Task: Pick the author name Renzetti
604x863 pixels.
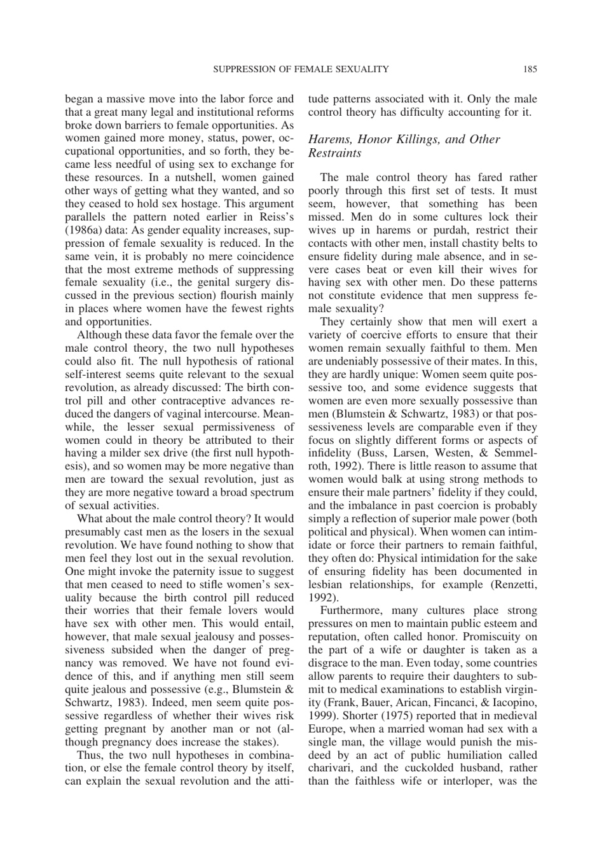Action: click(x=516, y=584)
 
